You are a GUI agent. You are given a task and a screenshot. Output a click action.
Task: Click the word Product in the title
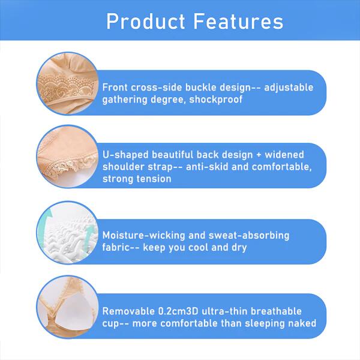tap(146, 22)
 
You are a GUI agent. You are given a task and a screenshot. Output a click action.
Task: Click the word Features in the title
tap(239, 22)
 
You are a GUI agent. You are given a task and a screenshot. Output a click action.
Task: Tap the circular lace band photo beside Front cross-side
tap(67, 83)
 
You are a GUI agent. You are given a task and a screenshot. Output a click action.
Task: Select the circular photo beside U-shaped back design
tap(67, 157)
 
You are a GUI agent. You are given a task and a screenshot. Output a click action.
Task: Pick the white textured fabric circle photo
tap(67, 232)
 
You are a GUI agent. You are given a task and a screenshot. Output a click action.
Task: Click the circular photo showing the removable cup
tap(67, 307)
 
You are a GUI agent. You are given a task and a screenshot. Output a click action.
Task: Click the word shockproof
tap(216, 100)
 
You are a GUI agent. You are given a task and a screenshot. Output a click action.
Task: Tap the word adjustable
tap(289, 88)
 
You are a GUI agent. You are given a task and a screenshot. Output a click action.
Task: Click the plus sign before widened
tap(259, 155)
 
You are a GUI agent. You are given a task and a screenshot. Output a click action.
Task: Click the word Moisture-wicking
tap(143, 236)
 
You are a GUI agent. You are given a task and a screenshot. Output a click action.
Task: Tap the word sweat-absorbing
tap(249, 236)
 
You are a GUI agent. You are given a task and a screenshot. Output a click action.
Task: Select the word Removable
tap(128, 311)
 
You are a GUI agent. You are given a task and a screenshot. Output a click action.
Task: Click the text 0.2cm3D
tap(178, 311)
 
